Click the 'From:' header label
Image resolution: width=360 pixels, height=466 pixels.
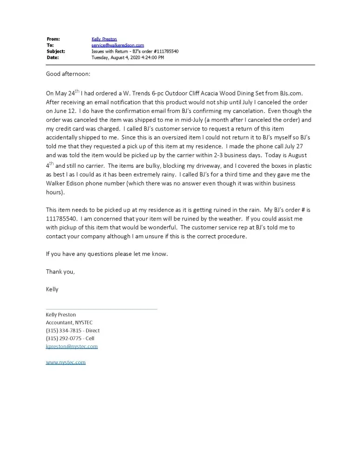click(x=53, y=39)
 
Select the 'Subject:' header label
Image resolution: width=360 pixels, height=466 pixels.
click(x=55, y=51)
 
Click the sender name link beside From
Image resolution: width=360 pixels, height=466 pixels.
click(x=104, y=39)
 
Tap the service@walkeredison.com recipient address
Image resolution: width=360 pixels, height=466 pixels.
click(x=117, y=45)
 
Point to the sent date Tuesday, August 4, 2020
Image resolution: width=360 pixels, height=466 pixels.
click(x=128, y=58)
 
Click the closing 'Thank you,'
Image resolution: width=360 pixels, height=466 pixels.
click(x=60, y=272)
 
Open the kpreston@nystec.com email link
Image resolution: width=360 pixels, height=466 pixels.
click(x=72, y=347)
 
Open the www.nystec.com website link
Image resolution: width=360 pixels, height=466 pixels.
click(x=66, y=363)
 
